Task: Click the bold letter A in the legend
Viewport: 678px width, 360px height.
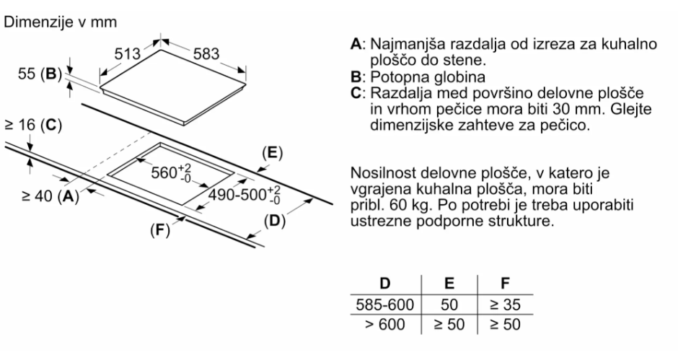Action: [x=355, y=45]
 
